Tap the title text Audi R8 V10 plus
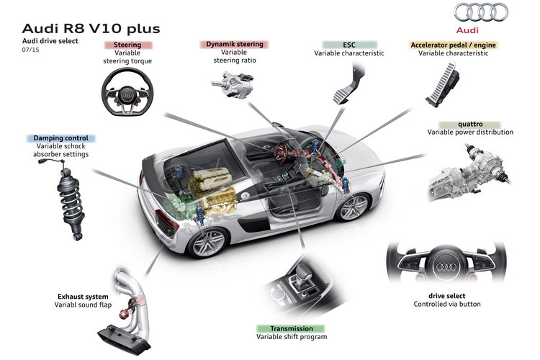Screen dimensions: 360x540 pyautogui.click(x=91, y=28)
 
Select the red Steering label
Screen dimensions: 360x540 pyautogui.click(x=127, y=45)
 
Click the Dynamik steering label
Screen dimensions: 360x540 pyautogui.click(x=234, y=45)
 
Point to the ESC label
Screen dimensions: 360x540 pyautogui.click(x=348, y=45)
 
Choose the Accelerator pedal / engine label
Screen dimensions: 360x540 pyautogui.click(x=457, y=45)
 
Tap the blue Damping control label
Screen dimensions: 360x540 pyautogui.click(x=60, y=138)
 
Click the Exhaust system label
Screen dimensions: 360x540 pyautogui.click(x=83, y=296)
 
